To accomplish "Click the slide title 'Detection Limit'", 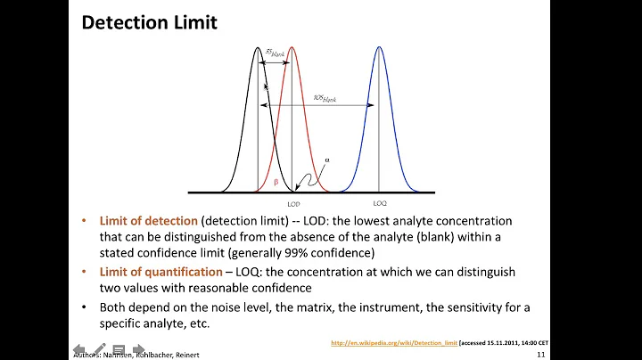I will coord(149,22).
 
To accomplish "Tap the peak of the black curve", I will coord(258,48).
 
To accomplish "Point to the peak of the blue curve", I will coord(379,48).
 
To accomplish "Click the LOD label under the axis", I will coord(293,204).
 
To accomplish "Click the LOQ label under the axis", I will coord(379,203).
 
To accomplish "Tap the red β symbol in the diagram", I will coord(276,181).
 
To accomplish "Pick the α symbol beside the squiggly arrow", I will coord(326,160).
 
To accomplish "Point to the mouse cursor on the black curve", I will coord(267,87).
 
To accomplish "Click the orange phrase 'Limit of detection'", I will coord(147,220).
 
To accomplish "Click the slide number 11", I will coord(541,354).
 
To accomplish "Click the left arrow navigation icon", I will coord(78,348).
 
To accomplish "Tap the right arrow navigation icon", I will coord(138,348).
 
